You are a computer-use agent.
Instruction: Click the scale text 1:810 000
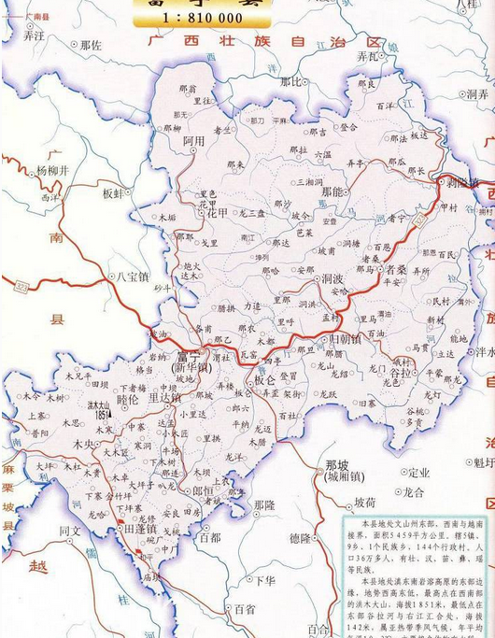pyautogui.click(x=202, y=19)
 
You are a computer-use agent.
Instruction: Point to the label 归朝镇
pyautogui.click(x=341, y=339)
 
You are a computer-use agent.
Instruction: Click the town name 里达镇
pyautogui.click(x=164, y=398)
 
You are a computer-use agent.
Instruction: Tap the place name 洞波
pyautogui.click(x=333, y=278)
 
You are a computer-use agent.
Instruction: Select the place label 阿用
pyautogui.click(x=193, y=140)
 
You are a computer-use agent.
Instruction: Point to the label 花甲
pyautogui.click(x=219, y=212)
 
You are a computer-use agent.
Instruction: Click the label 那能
pyautogui.click(x=332, y=191)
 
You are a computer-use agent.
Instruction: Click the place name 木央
pyautogui.click(x=85, y=445)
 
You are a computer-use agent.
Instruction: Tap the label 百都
pyautogui.click(x=209, y=537)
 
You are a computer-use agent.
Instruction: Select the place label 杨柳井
pyautogui.click(x=53, y=171)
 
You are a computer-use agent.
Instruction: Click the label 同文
pyautogui.click(x=71, y=532)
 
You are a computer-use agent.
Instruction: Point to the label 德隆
pyautogui.click(x=301, y=538)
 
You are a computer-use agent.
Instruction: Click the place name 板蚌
pyautogui.click(x=113, y=192)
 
